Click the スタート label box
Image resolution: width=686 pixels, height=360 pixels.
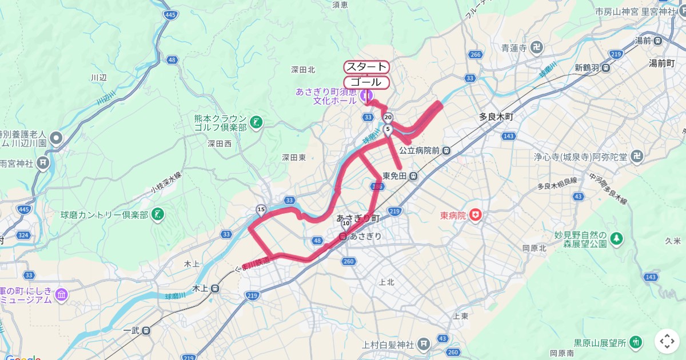pyautogui.click(x=366, y=67)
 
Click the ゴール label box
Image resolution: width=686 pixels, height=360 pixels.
pyautogui.click(x=366, y=82)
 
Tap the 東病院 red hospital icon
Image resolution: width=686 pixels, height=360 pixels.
pyautogui.click(x=474, y=215)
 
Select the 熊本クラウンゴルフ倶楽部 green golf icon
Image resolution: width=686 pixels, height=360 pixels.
pyautogui.click(x=256, y=122)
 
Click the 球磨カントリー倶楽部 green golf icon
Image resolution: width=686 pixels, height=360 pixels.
pyautogui.click(x=158, y=215)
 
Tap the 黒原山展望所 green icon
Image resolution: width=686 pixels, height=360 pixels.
pyautogui.click(x=635, y=342)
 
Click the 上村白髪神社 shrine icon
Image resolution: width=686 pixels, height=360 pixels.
pyautogui.click(x=424, y=344)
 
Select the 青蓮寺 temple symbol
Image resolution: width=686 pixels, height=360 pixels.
pyautogui.click(x=538, y=48)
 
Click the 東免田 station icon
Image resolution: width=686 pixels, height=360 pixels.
pyautogui.click(x=413, y=176)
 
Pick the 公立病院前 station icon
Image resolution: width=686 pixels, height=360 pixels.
pyautogui.click(x=447, y=151)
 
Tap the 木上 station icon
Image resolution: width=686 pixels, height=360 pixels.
pyautogui.click(x=214, y=289)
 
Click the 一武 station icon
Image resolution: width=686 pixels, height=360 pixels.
pyautogui.click(x=147, y=330)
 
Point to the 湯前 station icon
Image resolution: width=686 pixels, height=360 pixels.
pyautogui.click(x=658, y=41)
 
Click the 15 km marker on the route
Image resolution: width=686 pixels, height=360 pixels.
pyautogui.click(x=261, y=210)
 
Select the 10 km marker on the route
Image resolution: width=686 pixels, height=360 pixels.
pyautogui.click(x=346, y=222)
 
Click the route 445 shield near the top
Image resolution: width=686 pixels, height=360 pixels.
pyautogui.click(x=170, y=15)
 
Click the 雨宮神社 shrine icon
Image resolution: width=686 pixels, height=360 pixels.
pyautogui.click(x=43, y=163)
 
